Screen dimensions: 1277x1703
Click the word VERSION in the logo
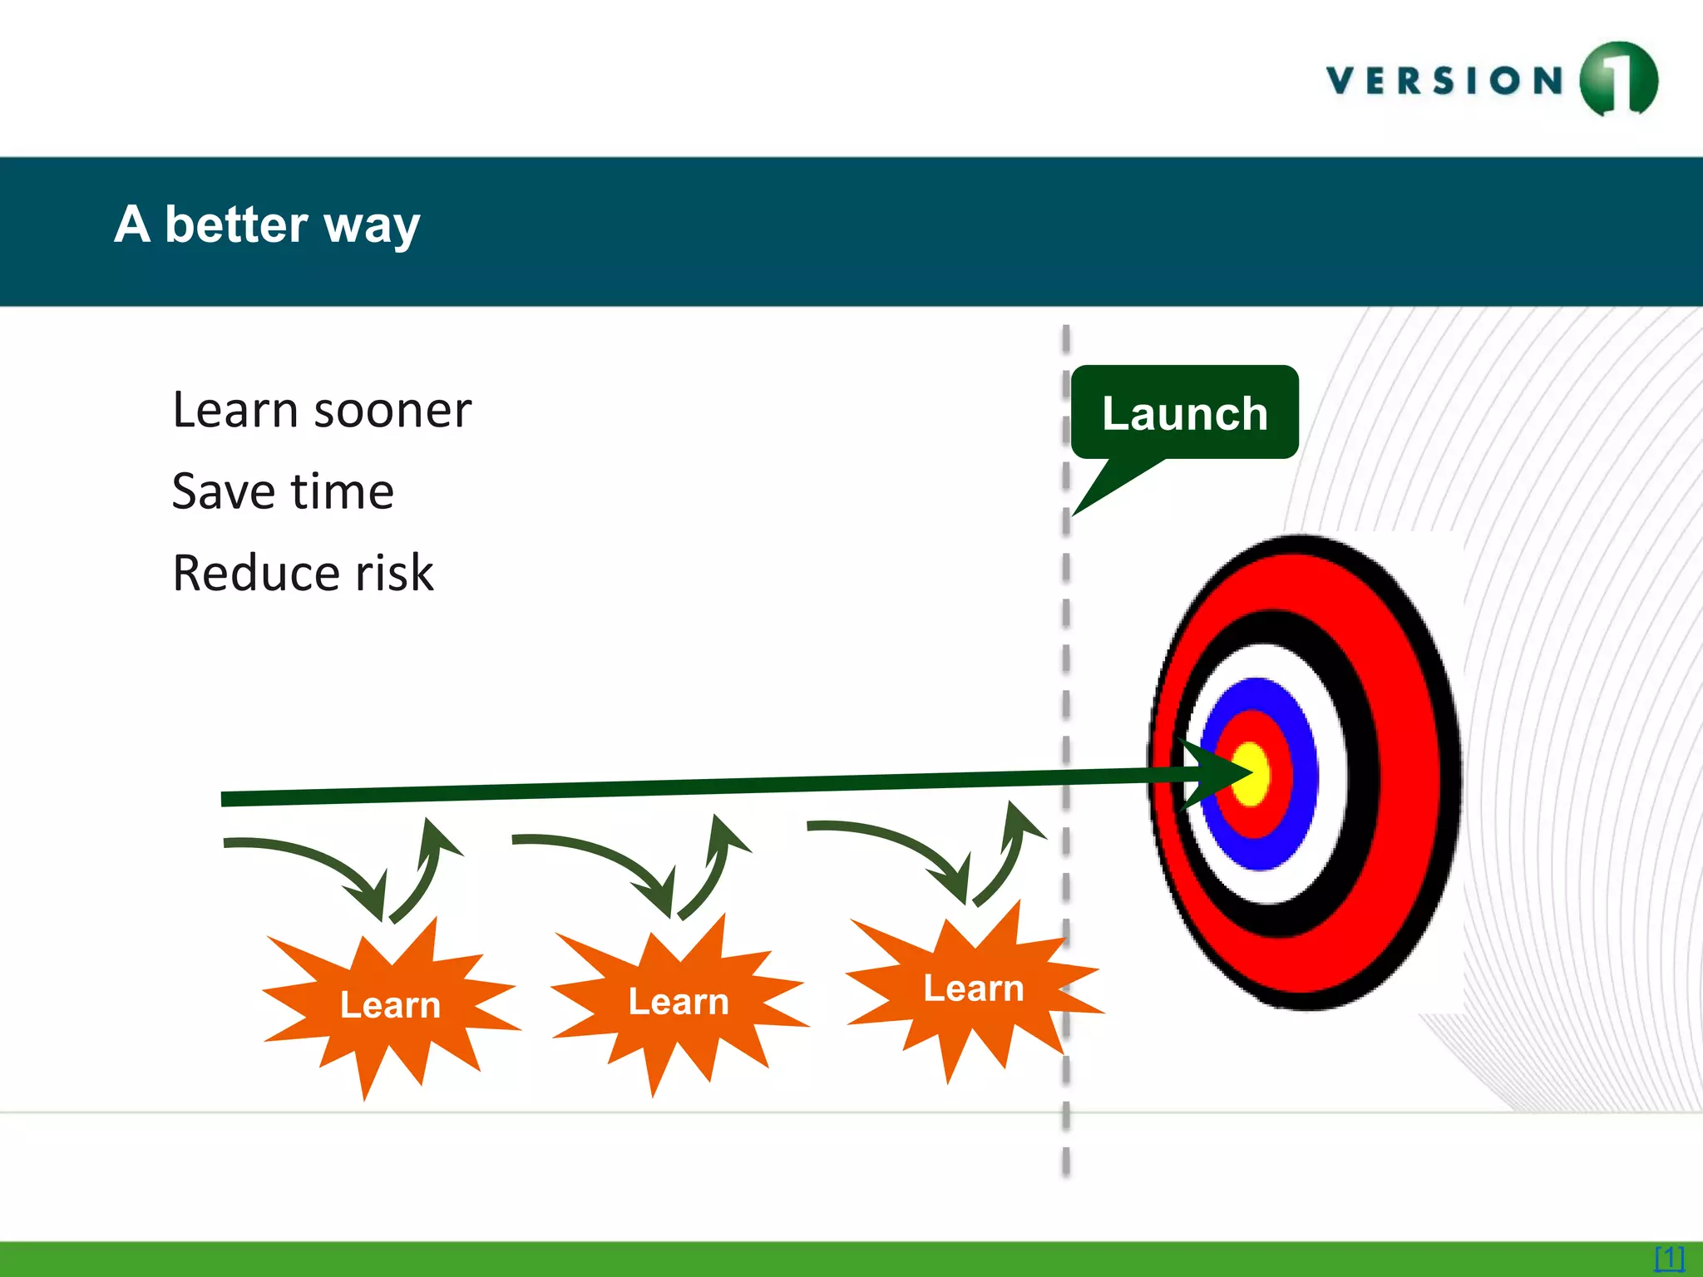[x=1445, y=81]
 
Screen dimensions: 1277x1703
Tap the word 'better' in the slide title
[x=236, y=224]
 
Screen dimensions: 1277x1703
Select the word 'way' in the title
[x=372, y=226]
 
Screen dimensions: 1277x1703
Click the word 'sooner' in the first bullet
[x=392, y=411]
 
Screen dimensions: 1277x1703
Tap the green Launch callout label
[x=1184, y=413]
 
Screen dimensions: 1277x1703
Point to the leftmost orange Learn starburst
[x=389, y=1005]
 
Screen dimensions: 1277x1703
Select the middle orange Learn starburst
[x=678, y=1002]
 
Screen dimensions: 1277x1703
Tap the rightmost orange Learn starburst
[x=973, y=989]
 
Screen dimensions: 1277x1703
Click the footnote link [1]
[x=1669, y=1257]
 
